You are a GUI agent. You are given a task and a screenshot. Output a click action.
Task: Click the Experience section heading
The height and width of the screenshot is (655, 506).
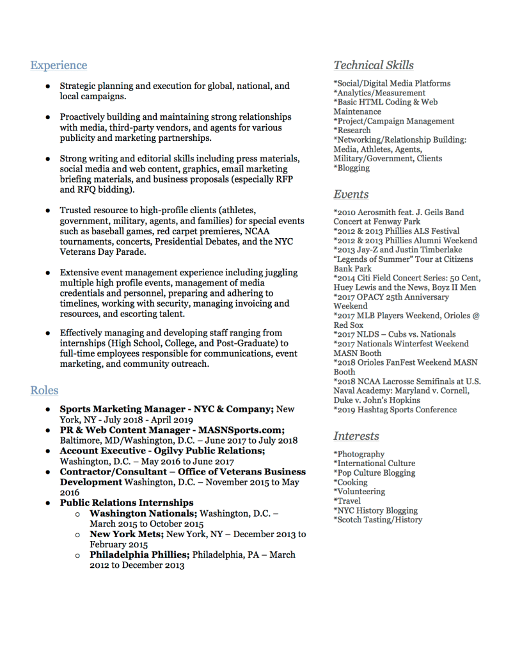(x=59, y=65)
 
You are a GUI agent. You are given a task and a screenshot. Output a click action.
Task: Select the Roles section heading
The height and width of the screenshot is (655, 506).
(x=44, y=391)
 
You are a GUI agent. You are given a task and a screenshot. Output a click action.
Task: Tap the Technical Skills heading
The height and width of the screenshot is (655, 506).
(x=374, y=65)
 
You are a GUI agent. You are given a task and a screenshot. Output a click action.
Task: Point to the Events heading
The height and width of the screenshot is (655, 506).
(x=351, y=195)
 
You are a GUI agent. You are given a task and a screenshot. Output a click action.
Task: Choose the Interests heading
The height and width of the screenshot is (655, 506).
(x=356, y=437)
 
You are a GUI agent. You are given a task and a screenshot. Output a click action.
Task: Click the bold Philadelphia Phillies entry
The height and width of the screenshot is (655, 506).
(x=139, y=554)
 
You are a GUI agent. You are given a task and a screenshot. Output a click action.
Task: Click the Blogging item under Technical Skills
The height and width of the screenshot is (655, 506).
(x=352, y=168)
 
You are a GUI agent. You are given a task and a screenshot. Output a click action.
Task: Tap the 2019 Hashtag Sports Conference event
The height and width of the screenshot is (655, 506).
(x=395, y=410)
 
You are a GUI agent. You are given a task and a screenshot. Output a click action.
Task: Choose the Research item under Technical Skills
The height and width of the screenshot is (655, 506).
(x=352, y=131)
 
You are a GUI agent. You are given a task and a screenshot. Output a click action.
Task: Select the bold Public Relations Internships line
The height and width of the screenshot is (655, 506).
(x=127, y=503)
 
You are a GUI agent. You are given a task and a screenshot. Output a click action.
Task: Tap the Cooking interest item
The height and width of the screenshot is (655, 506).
(x=351, y=482)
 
